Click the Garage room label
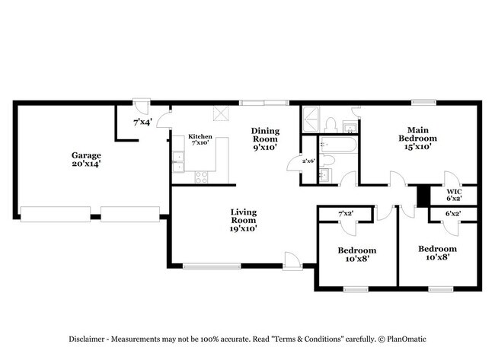pyautogui.click(x=86, y=159)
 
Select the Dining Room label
pyautogui.click(x=265, y=139)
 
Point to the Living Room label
pyautogui.click(x=244, y=220)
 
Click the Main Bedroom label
pyautogui.click(x=417, y=139)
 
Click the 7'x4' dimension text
pyautogui.click(x=142, y=122)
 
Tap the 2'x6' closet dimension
pyautogui.click(x=308, y=161)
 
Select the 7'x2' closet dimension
pyautogui.click(x=346, y=214)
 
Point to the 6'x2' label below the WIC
pyautogui.click(x=453, y=214)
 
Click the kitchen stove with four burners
pyautogui.click(x=201, y=177)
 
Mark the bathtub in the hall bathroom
pyautogui.click(x=338, y=145)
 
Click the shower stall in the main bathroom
pyautogui.click(x=311, y=119)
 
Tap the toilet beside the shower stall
pyautogui.click(x=331, y=126)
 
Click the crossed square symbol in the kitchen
pyautogui.click(x=221, y=113)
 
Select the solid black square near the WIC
pyautogui.click(x=423, y=196)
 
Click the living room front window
pyautogui.click(x=212, y=266)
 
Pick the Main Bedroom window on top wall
pyautogui.click(x=423, y=102)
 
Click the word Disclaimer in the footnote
pyautogui.click(x=87, y=339)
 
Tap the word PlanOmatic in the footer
pyautogui.click(x=407, y=339)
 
